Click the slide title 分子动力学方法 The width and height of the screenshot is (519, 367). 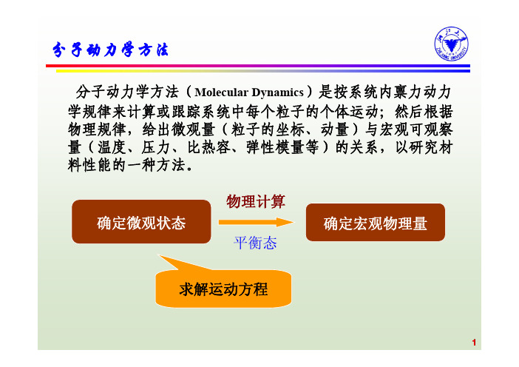coord(110,50)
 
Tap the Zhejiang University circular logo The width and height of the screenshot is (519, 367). coord(451,44)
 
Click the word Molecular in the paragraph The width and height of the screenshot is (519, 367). coord(221,92)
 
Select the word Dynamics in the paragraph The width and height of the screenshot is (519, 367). coord(277,92)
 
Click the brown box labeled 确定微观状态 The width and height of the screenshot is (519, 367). coord(141,221)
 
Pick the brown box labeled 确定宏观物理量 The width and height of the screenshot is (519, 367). coord(376,222)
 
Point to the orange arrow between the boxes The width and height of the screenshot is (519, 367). coord(256,222)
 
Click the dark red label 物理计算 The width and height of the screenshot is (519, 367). coord(256,201)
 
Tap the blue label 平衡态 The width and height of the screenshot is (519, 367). coord(255,243)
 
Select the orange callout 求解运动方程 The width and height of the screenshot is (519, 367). coord(223,289)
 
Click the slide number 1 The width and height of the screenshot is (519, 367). coord(474,343)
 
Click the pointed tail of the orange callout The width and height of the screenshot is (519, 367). coord(158,255)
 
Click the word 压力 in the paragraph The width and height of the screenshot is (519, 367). coord(155,147)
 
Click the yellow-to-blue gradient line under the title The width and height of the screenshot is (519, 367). coord(263,71)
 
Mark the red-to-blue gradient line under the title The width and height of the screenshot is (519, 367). coord(258,66)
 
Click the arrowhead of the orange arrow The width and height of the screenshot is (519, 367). coord(285,222)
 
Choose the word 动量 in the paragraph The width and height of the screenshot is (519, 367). coord(335,129)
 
